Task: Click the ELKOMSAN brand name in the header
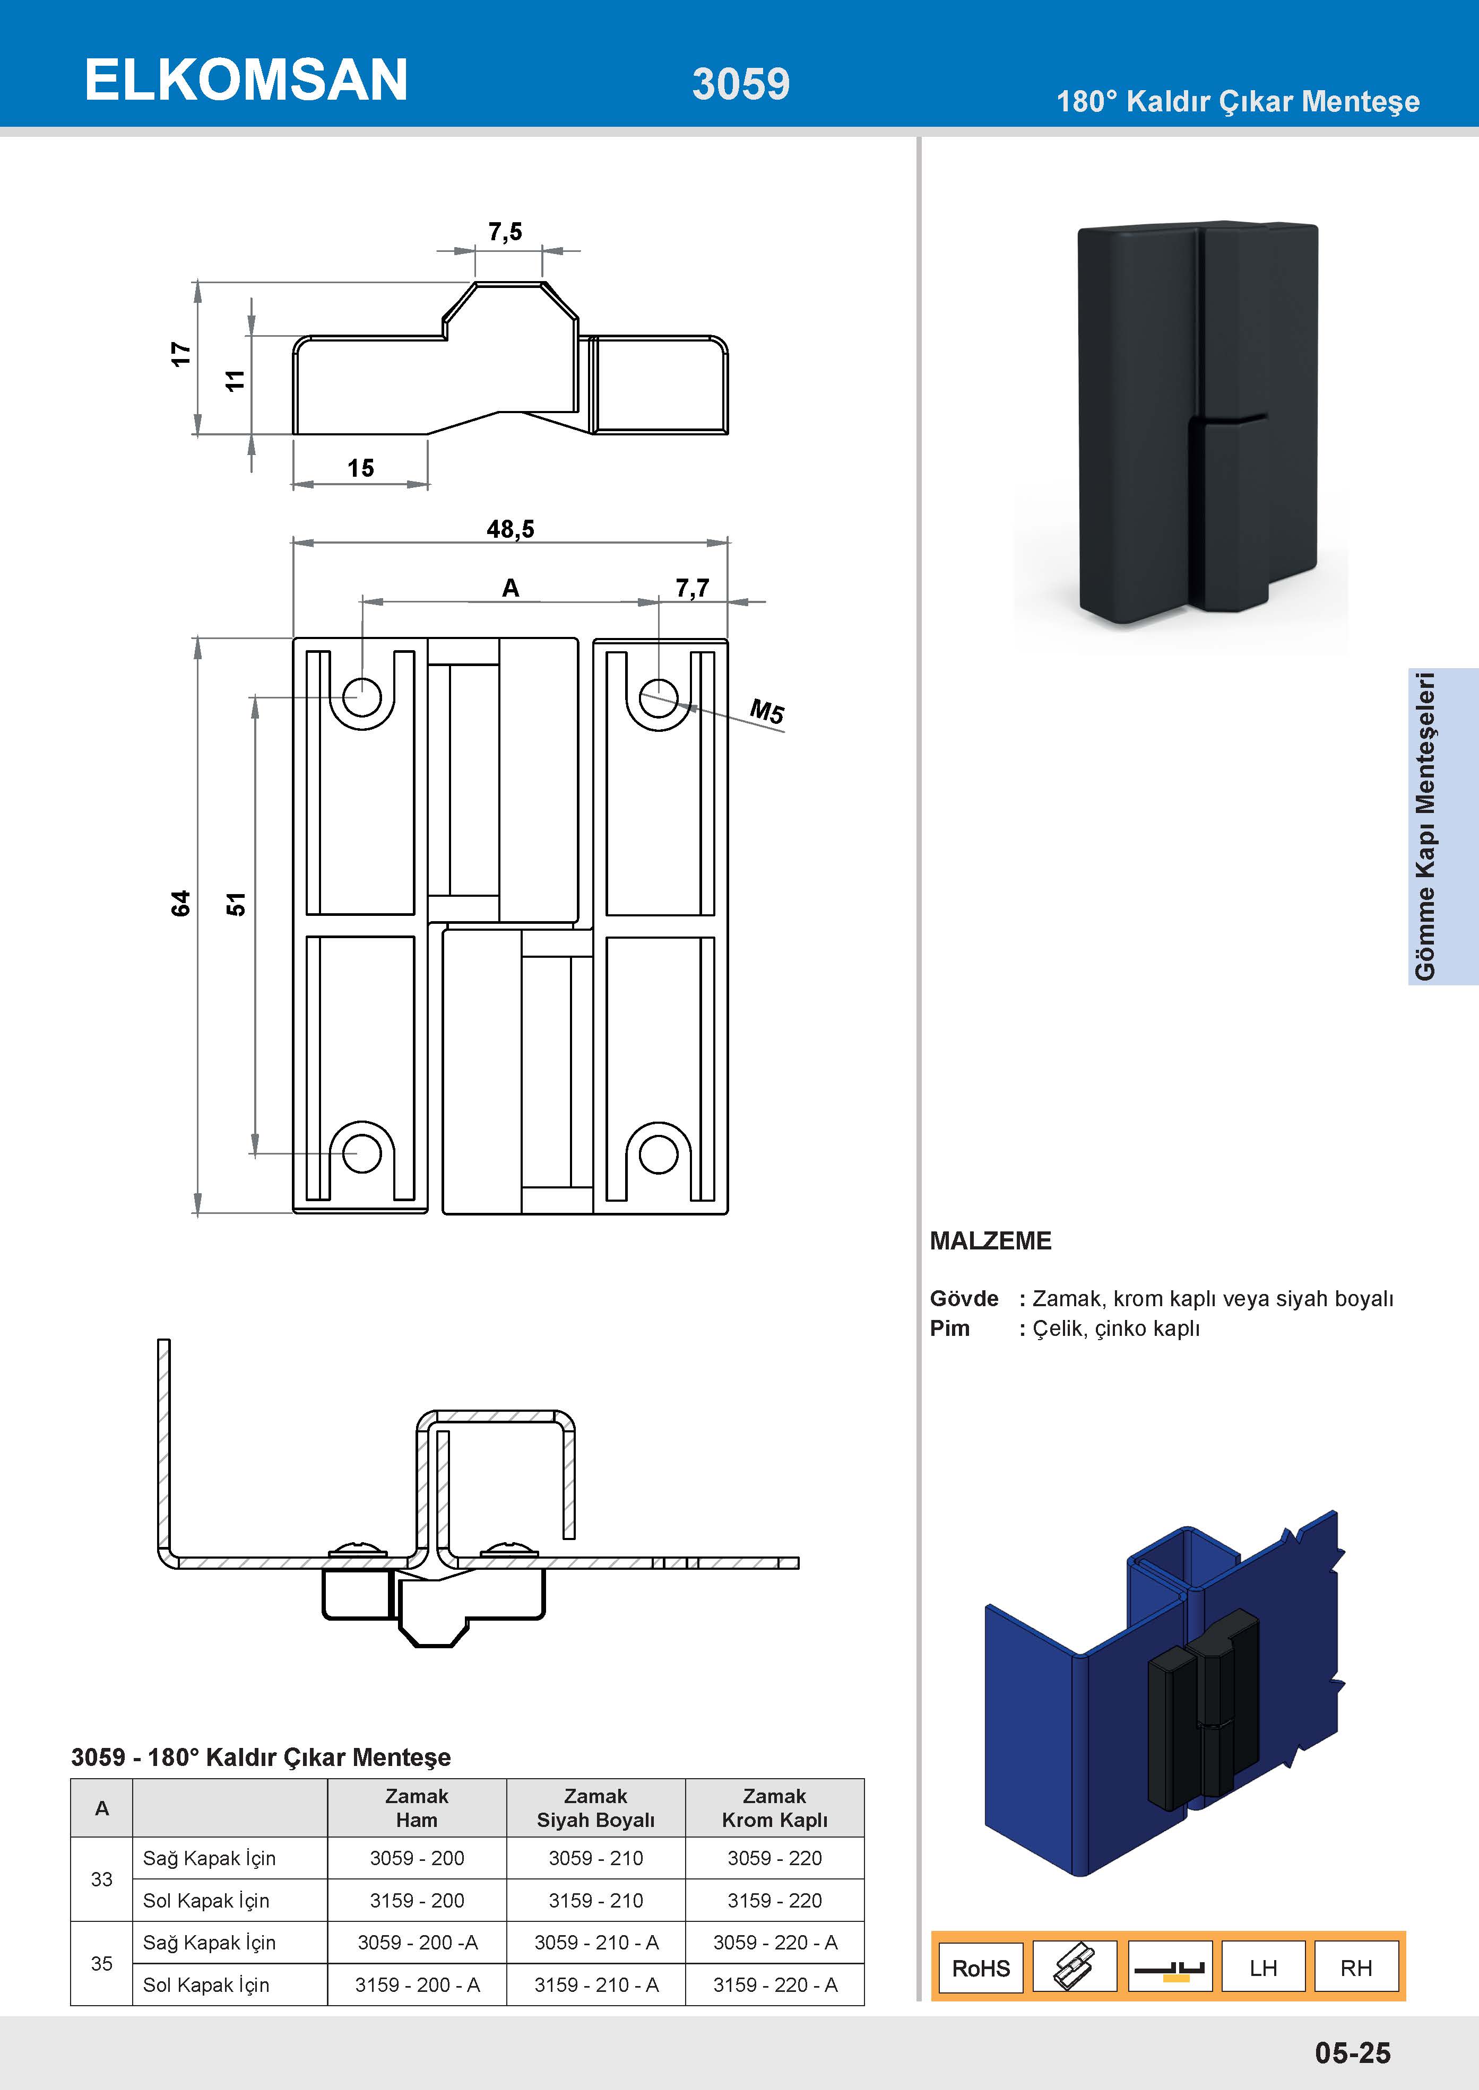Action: [x=246, y=80]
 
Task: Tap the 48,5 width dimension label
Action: [x=510, y=529]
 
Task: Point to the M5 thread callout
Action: [x=767, y=711]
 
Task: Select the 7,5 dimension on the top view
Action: [x=505, y=232]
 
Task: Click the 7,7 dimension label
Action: [x=692, y=588]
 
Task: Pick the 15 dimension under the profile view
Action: [x=361, y=468]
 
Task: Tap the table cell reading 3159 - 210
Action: [x=595, y=1901]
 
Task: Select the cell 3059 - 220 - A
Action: [x=775, y=1943]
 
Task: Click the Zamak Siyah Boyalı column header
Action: [x=595, y=1808]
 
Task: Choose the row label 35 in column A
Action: [x=102, y=1963]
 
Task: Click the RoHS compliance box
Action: [x=981, y=1968]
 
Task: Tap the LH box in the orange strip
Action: [x=1263, y=1968]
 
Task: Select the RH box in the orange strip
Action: [x=1356, y=1968]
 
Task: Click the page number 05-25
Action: [x=1352, y=2053]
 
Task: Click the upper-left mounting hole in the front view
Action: [x=361, y=697]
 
